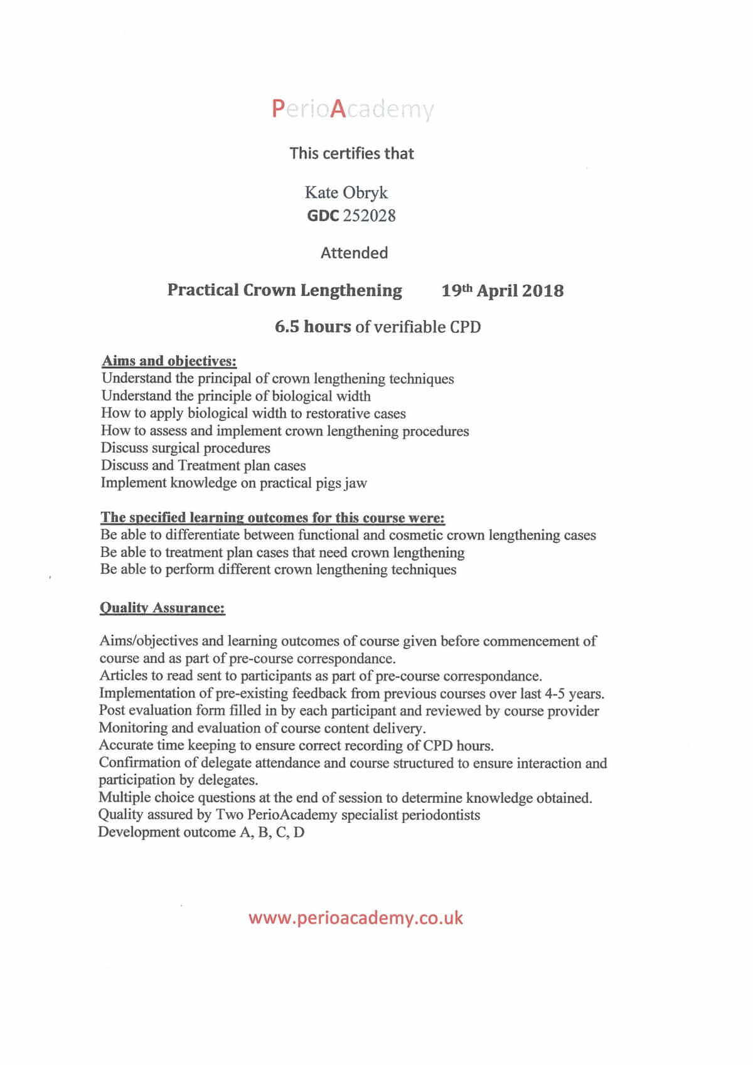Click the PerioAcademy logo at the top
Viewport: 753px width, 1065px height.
(353, 109)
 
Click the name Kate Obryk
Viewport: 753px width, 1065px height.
(346, 192)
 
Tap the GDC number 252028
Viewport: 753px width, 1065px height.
(369, 216)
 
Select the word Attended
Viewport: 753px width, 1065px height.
(354, 253)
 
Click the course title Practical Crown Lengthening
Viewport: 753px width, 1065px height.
(284, 290)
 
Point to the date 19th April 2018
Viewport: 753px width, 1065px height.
(502, 290)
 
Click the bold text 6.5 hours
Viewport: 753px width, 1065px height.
(312, 326)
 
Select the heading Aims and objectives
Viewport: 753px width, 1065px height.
(169, 361)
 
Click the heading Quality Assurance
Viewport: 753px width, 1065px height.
(163, 608)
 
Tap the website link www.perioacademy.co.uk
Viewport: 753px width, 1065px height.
(355, 918)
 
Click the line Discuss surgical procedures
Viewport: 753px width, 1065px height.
(186, 448)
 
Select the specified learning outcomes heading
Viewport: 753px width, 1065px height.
(273, 517)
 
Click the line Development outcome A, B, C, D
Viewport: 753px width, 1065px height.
(201, 832)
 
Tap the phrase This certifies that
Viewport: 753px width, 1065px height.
(351, 154)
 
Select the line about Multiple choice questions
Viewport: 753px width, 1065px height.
(345, 798)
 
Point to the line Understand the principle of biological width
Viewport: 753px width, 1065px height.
(236, 396)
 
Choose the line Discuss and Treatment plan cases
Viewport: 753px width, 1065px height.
(203, 465)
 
